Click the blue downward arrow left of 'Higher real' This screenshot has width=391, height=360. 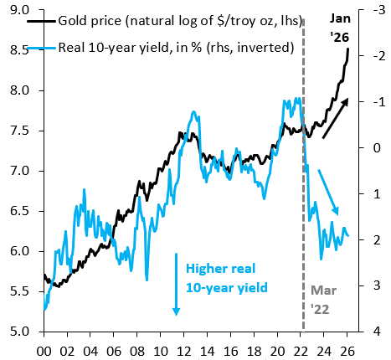coord(177,284)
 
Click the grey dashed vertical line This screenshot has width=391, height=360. coord(302,209)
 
